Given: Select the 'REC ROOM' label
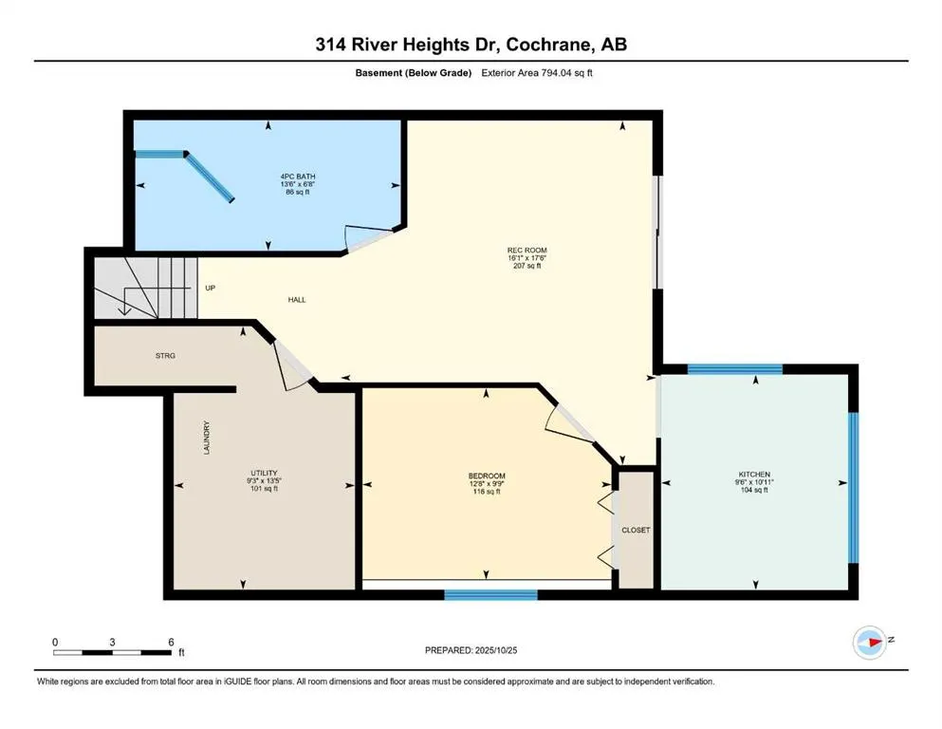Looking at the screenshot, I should pos(525,251).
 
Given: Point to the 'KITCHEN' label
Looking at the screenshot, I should pos(754,475).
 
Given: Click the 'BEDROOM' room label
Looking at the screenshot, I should pos(487,476).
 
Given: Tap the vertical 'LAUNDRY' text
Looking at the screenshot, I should pos(206,438).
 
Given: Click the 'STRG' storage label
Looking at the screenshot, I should pos(166,356).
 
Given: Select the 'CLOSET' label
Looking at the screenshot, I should pos(636,530).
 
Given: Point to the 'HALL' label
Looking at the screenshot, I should pos(297,300).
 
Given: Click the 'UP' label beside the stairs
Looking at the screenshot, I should pos(210,288).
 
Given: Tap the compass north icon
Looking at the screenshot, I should pos(870,641).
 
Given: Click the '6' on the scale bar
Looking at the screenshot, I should pos(171,642).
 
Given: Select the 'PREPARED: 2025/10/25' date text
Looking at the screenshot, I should pos(471,650).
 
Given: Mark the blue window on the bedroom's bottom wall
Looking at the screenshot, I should pos(490,595).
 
